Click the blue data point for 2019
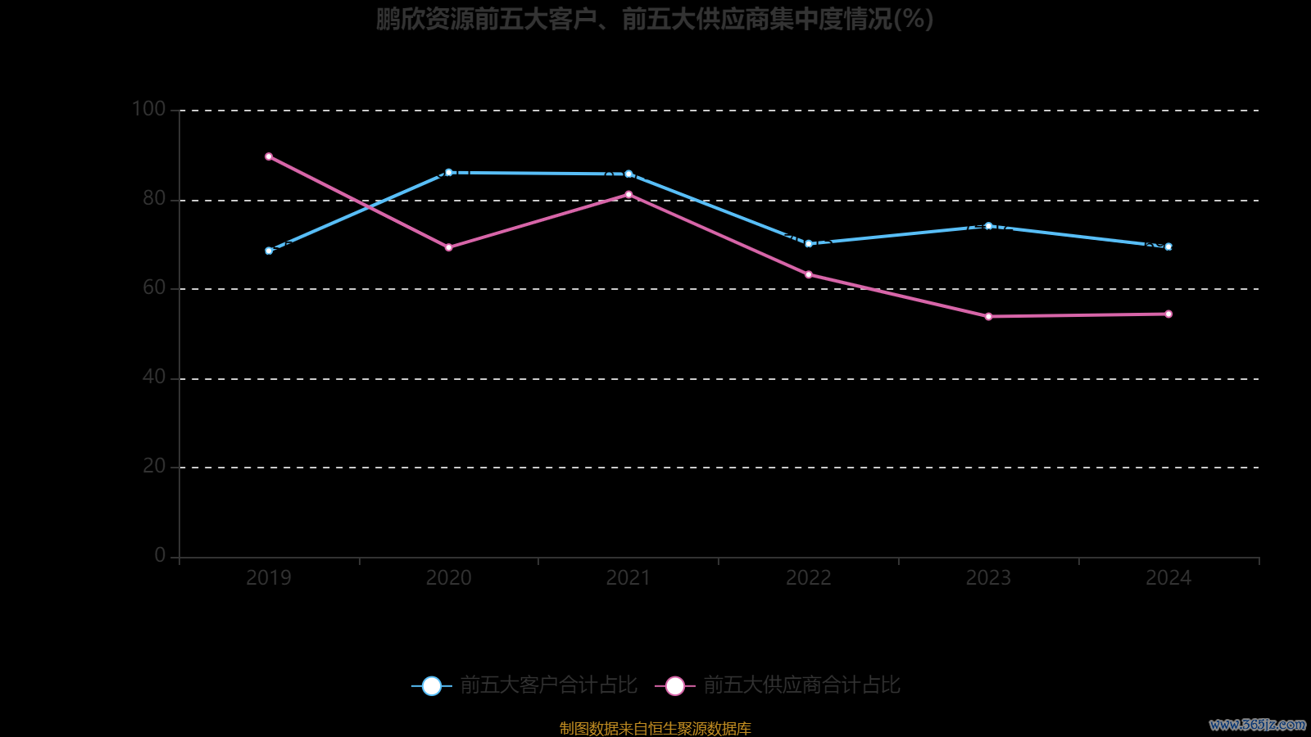click(269, 251)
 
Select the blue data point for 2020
click(448, 173)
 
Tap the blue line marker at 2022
click(809, 243)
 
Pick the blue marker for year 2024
click(1168, 246)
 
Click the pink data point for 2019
click(269, 156)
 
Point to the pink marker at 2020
click(448, 247)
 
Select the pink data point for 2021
click(628, 195)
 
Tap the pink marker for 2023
click(988, 316)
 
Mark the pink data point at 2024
click(1168, 314)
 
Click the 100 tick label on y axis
click(148, 109)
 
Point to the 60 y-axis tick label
click(154, 287)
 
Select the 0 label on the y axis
click(160, 555)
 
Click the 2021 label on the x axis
click(628, 578)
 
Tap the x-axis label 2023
click(988, 578)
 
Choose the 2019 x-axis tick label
click(269, 578)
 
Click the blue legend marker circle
click(431, 685)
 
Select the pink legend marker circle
click(674, 685)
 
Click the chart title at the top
click(655, 19)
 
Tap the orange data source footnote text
click(655, 728)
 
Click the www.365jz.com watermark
click(1257, 725)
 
